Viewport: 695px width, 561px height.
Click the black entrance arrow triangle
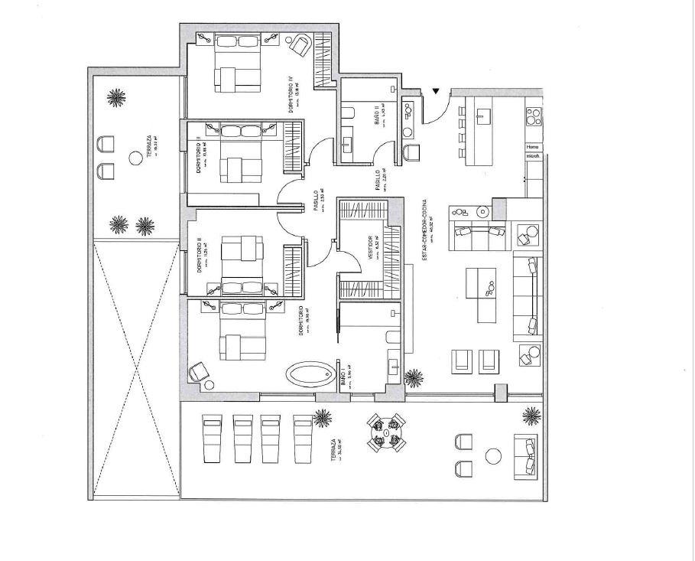[x=436, y=92]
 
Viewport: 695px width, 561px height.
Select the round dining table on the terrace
[x=386, y=433]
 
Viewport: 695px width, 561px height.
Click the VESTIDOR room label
[x=371, y=250]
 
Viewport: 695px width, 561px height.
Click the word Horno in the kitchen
[x=533, y=147]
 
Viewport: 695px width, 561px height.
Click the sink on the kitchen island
[x=483, y=116]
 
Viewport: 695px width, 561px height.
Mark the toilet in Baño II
[x=348, y=116]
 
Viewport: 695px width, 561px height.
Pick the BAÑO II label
[x=378, y=118]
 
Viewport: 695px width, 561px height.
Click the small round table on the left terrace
[x=135, y=157]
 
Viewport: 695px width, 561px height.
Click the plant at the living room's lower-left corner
[x=414, y=377]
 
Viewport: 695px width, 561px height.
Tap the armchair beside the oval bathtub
[x=199, y=370]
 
